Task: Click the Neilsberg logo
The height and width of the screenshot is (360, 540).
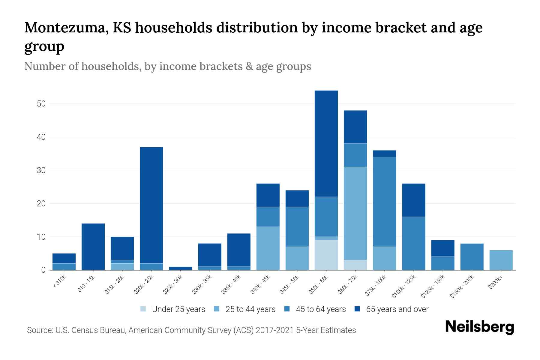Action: point(479,327)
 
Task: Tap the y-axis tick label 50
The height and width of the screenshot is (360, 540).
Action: point(41,104)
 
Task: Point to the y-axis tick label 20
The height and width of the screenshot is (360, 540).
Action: point(41,204)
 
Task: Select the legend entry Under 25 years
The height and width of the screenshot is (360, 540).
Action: point(178,309)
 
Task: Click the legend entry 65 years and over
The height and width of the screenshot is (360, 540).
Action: point(397,309)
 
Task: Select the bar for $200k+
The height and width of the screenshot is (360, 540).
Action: point(501,260)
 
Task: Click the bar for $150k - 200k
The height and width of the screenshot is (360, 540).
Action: point(472,257)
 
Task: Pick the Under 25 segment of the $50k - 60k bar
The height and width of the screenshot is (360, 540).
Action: point(326,255)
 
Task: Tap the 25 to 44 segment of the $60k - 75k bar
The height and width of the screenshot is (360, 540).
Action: point(355,213)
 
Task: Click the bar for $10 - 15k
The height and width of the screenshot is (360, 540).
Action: point(93,247)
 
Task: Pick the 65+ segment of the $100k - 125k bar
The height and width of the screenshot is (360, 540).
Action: point(413,200)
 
